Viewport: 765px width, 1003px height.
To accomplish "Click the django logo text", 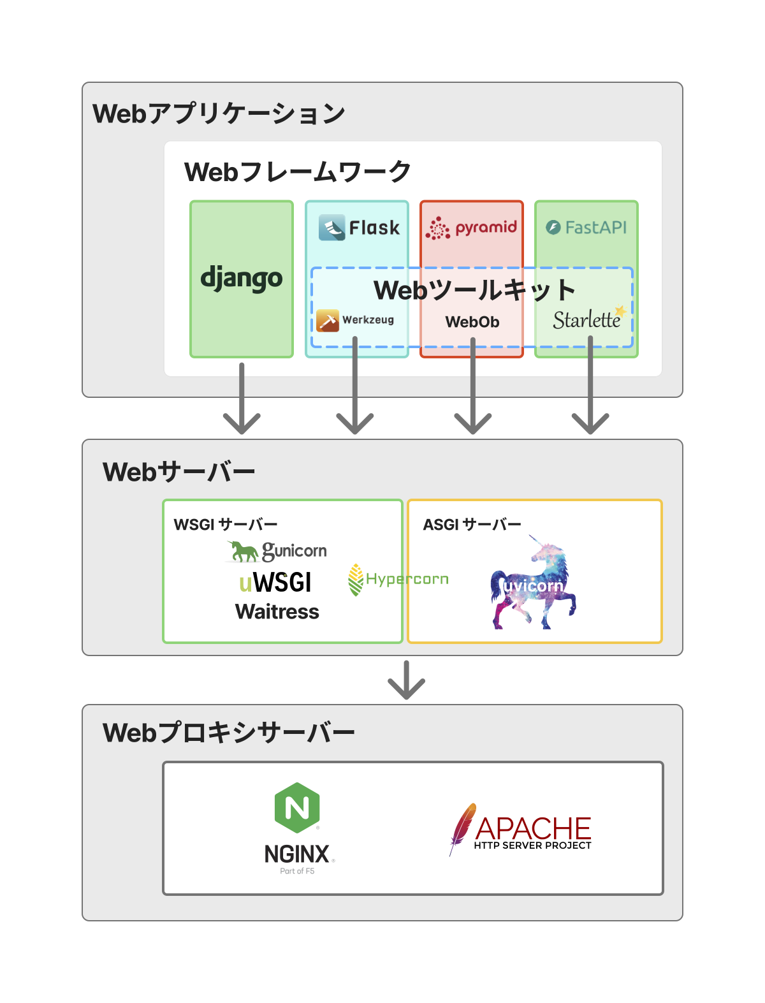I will coord(242,279).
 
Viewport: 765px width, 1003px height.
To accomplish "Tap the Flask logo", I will coord(360,228).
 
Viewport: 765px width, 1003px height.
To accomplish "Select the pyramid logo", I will coord(472,228).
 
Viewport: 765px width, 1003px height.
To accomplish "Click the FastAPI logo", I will coord(586,228).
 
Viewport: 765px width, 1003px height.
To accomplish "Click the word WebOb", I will coord(472,322).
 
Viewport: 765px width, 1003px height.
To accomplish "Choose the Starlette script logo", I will coord(587,319).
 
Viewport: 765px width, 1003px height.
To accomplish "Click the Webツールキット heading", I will coord(474,290).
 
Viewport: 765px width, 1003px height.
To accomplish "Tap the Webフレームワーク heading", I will coord(297,172).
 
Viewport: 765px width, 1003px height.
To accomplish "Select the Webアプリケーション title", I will coord(219,113).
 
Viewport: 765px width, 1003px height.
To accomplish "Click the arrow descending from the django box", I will coord(242,402).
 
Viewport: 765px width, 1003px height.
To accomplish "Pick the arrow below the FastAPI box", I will coord(590,402).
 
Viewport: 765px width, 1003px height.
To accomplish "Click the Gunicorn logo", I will coord(277,551).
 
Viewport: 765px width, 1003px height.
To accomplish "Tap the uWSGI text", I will coord(275,583).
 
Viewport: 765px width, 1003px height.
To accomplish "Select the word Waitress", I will coord(277,612).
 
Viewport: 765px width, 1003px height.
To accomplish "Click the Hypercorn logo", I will coord(398,579).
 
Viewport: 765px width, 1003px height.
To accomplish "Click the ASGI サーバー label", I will coord(472,525).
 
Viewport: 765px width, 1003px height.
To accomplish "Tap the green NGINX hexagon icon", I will coord(297,807).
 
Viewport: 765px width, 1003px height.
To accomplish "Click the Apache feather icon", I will coord(463,827).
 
